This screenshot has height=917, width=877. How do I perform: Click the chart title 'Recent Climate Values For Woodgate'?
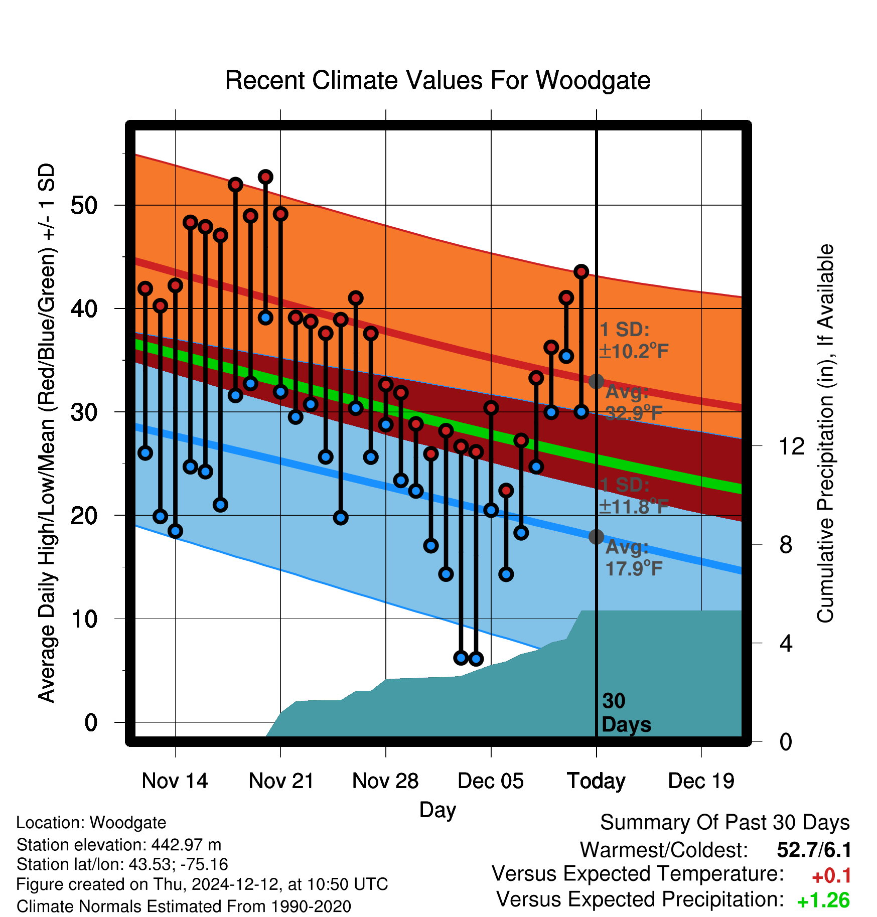[x=437, y=80]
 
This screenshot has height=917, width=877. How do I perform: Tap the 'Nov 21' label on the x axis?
[x=281, y=781]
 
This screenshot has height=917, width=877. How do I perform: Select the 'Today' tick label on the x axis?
[x=596, y=782]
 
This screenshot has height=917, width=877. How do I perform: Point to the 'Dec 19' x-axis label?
[x=701, y=781]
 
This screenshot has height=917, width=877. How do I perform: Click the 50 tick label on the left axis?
[x=84, y=205]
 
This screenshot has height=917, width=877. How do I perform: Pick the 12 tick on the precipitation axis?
[x=792, y=446]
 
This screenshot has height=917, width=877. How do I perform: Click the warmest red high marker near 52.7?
[x=265, y=177]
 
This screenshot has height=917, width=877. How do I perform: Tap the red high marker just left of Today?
[x=581, y=271]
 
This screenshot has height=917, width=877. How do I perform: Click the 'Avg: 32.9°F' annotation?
[x=634, y=402]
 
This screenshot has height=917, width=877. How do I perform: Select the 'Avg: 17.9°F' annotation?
[x=634, y=558]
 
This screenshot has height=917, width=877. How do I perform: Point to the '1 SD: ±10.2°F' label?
[x=634, y=341]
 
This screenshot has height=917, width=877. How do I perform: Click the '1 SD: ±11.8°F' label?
[x=634, y=496]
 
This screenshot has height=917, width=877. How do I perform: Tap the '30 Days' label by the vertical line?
[x=626, y=713]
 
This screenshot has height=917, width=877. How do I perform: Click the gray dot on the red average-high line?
[x=596, y=381]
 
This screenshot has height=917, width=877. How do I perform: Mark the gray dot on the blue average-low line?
[x=596, y=537]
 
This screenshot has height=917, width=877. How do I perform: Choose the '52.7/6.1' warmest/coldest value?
[x=814, y=850]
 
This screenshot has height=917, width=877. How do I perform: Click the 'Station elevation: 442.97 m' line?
[x=119, y=845]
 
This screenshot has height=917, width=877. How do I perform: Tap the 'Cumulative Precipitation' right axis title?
[x=825, y=433]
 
